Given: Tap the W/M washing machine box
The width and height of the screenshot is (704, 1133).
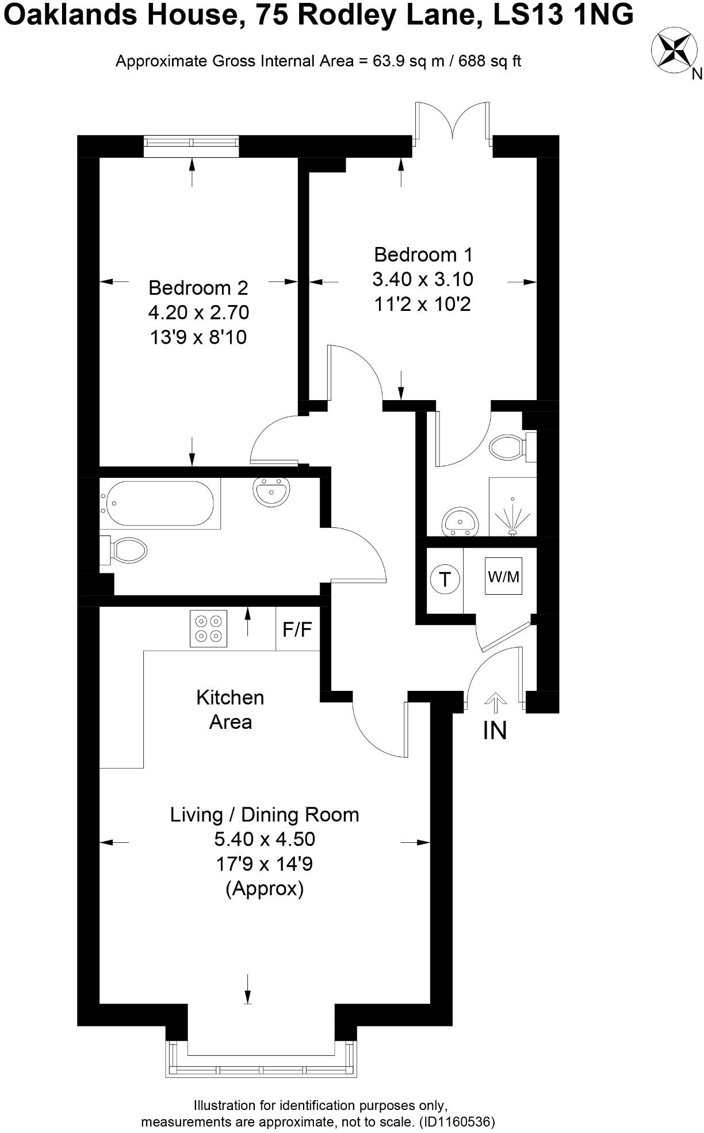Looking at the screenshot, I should [x=503, y=576].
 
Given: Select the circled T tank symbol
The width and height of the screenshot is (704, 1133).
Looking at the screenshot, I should [x=445, y=579].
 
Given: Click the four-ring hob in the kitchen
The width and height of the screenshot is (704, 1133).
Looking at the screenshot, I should [x=209, y=628].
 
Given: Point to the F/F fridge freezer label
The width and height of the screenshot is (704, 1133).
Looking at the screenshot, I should [x=297, y=629].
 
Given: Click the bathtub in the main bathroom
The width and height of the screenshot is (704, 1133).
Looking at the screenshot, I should [x=157, y=504].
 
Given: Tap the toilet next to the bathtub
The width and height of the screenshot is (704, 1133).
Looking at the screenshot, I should [x=126, y=551].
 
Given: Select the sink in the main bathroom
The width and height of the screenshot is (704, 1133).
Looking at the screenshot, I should [x=271, y=492].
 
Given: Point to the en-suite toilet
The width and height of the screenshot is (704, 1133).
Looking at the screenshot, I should [x=511, y=446].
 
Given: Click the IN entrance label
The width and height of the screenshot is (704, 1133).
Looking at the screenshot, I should [x=495, y=731].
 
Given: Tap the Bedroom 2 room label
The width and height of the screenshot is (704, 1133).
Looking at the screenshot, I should [x=198, y=287].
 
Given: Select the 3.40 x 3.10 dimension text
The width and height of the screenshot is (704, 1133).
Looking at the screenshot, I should [x=423, y=279].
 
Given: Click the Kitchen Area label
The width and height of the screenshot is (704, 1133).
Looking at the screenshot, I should [x=230, y=709].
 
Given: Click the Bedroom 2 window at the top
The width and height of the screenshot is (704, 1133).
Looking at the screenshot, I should [x=191, y=146].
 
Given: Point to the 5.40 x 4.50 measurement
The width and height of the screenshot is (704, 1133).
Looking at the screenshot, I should [x=265, y=839].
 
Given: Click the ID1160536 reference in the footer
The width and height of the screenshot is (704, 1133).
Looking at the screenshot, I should [x=457, y=1122].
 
